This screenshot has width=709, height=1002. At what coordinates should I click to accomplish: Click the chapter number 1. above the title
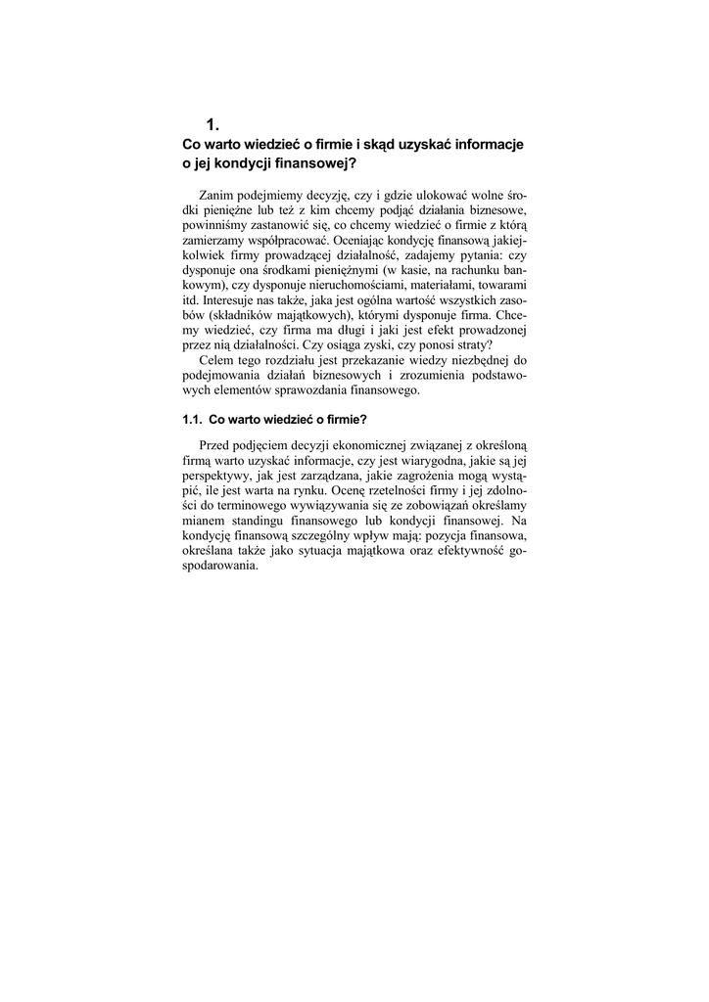point(213,124)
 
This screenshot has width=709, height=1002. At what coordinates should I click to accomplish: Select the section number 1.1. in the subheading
point(193,421)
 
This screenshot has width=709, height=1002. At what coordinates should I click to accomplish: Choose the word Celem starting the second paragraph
point(216,360)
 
